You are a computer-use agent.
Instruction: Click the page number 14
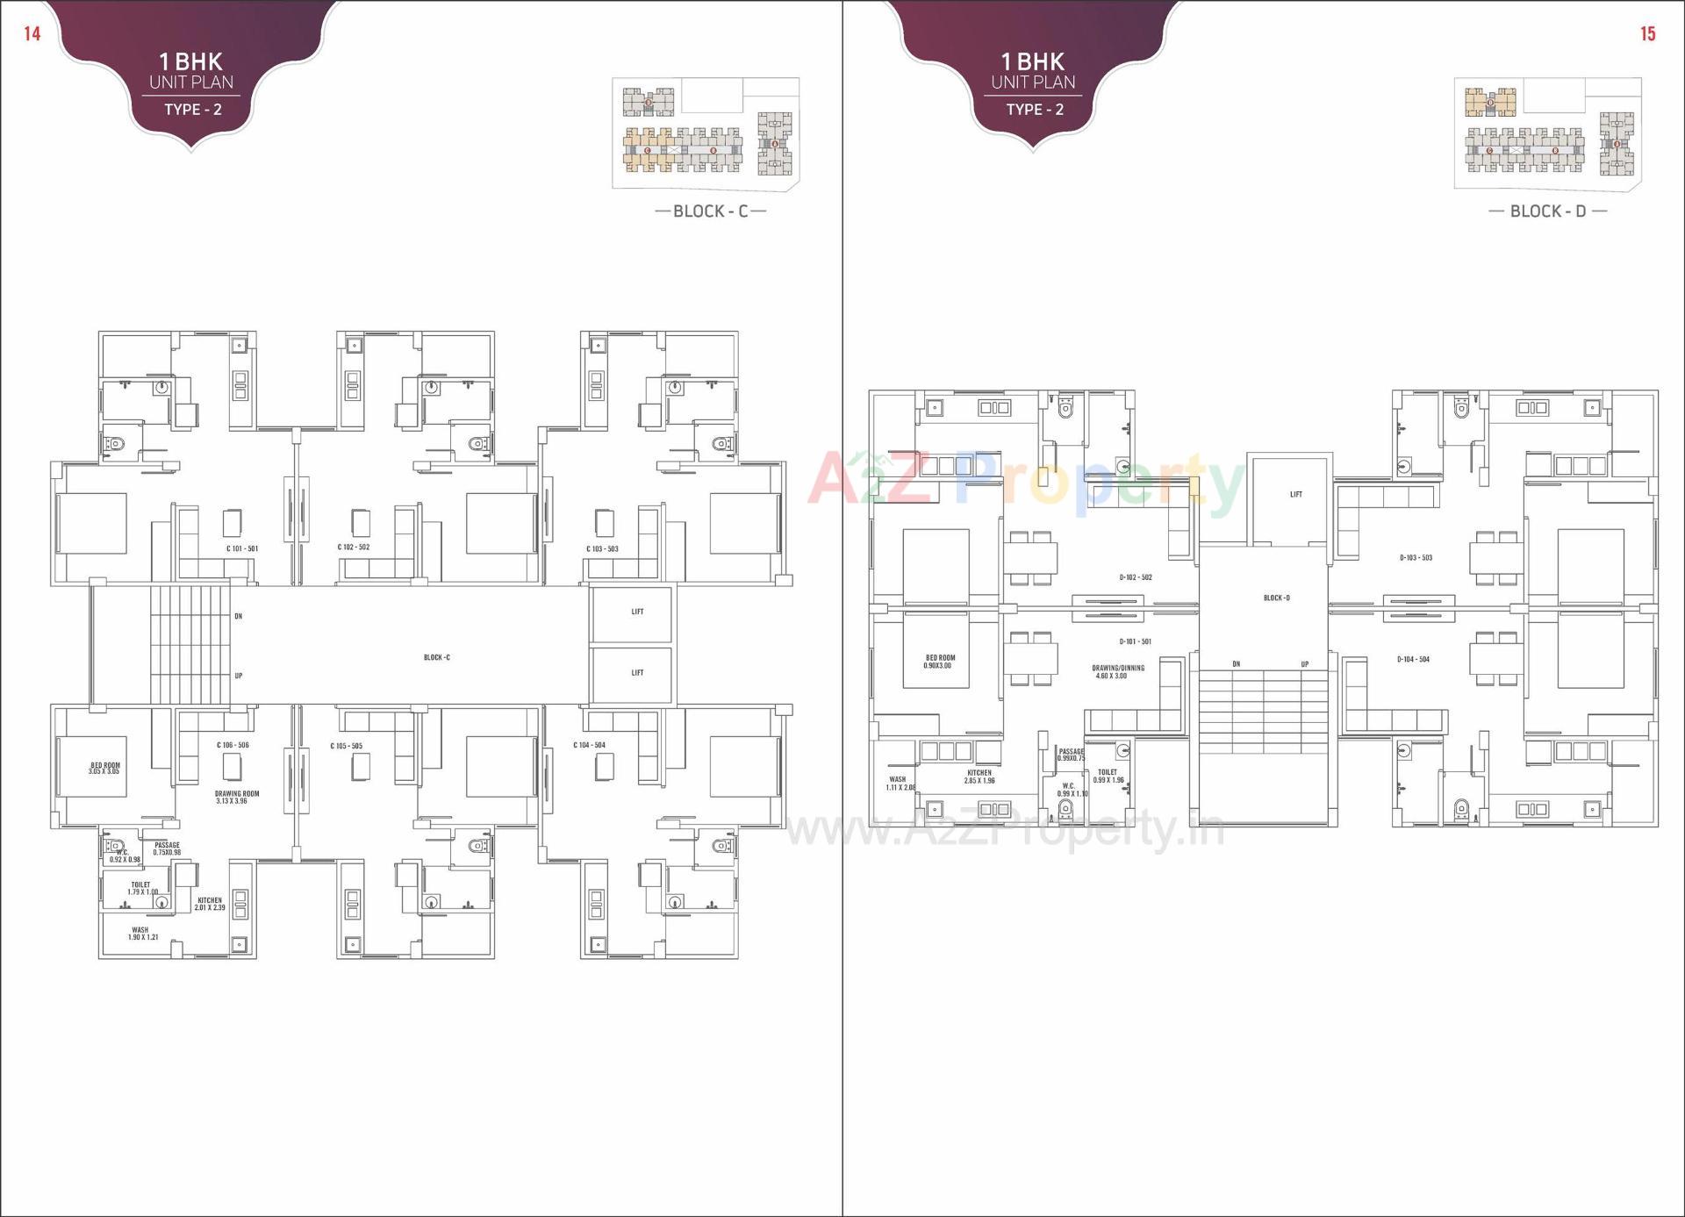[x=32, y=34]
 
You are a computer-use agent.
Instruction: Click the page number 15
[x=1647, y=34]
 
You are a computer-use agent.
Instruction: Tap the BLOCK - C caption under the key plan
[x=710, y=211]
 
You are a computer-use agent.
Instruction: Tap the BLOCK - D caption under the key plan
[x=1547, y=211]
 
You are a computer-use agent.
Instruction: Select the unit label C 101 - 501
[x=242, y=548]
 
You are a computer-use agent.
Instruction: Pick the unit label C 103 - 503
[x=602, y=548]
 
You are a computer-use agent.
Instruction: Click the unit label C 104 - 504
[x=589, y=745]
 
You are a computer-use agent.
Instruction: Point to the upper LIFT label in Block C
[x=637, y=612]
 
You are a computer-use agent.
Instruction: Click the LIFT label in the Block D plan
[x=1295, y=495]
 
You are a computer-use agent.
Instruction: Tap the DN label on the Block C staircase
[x=238, y=616]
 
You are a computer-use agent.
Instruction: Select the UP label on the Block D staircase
[x=1305, y=664]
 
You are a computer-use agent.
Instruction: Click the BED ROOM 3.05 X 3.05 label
[x=104, y=768]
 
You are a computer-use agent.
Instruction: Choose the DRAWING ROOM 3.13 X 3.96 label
[x=237, y=797]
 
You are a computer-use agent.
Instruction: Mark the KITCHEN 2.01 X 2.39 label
[x=210, y=904]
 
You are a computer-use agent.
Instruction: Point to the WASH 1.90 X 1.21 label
[x=141, y=933]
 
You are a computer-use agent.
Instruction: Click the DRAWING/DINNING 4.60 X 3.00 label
[x=1118, y=671]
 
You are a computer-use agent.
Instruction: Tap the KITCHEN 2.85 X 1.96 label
[x=979, y=777]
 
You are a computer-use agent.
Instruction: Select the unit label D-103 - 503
[x=1416, y=557]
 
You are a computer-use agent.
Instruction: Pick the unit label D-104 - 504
[x=1413, y=659]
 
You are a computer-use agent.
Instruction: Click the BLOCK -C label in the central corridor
[x=436, y=657]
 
